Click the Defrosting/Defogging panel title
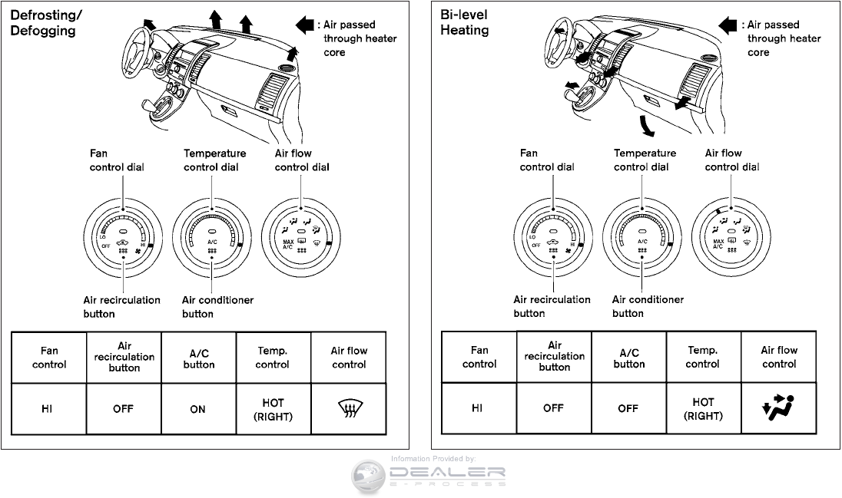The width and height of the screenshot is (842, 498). pos(42,23)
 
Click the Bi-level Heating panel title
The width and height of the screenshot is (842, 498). pos(465,22)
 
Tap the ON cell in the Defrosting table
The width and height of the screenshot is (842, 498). pos(198,409)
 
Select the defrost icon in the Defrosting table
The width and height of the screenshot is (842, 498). pos(349,409)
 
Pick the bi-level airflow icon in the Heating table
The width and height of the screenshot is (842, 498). pos(779,408)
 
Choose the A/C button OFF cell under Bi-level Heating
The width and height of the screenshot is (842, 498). pos(628,408)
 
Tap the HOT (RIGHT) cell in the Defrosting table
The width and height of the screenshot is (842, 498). pos(273,410)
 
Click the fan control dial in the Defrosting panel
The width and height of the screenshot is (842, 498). pos(123,236)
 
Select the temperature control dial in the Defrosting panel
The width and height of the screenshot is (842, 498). pos(210,236)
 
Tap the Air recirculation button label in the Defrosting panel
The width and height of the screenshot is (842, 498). pos(121,306)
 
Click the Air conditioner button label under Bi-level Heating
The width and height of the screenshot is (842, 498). pos(648,306)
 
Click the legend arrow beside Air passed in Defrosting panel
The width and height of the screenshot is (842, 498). pos(304,25)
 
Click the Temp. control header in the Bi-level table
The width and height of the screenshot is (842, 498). pos(703,357)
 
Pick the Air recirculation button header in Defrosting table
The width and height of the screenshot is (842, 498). pos(124,357)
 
